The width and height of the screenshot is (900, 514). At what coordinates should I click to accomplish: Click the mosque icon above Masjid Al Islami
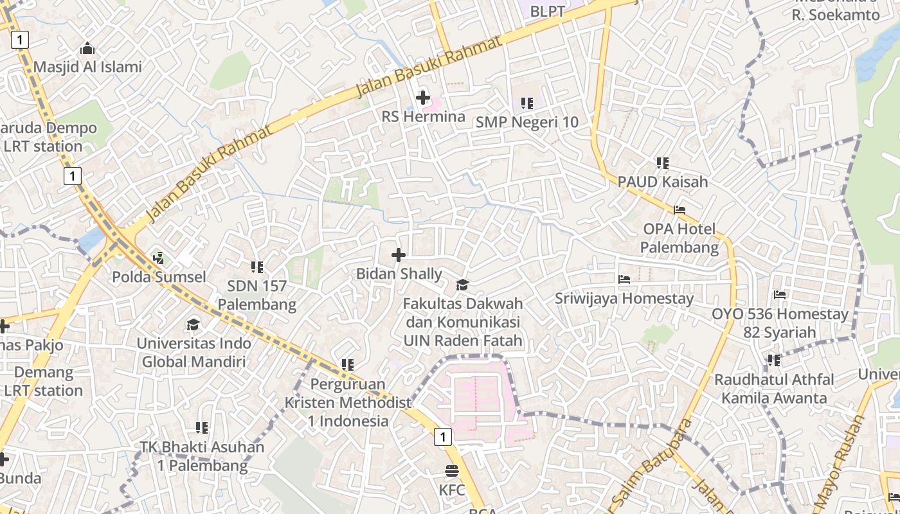[x=87, y=48]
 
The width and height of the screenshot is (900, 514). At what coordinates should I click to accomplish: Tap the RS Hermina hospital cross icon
[x=423, y=98]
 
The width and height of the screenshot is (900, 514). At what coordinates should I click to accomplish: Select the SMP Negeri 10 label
[x=526, y=122]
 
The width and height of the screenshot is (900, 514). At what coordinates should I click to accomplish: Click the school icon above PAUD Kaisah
[x=663, y=163]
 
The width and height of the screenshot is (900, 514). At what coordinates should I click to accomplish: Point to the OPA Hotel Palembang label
[x=679, y=238]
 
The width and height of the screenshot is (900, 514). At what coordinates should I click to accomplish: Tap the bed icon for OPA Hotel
[x=679, y=209]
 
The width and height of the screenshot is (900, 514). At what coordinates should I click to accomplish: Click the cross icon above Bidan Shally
[x=399, y=255]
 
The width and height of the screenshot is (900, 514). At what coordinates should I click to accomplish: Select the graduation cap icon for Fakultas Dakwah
[x=462, y=285]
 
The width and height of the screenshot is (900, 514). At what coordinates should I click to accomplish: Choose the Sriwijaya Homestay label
[x=624, y=298]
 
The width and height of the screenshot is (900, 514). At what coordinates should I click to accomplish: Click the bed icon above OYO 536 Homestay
[x=780, y=295]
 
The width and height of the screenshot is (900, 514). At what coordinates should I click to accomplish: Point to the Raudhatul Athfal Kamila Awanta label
[x=774, y=389]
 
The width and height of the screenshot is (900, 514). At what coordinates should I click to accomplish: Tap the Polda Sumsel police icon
[x=159, y=258]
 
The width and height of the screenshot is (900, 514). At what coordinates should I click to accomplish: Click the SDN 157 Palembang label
[x=256, y=295]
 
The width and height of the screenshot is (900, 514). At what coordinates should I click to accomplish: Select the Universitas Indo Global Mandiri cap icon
[x=194, y=324]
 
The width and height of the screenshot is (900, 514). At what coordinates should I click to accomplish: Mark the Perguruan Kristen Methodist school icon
[x=348, y=365]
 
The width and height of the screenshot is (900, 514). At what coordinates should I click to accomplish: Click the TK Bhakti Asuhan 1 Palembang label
[x=202, y=456]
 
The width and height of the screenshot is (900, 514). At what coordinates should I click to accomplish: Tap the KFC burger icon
[x=452, y=471]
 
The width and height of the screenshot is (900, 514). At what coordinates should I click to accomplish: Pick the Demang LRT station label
[x=43, y=381]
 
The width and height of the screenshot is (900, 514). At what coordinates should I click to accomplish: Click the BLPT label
[x=547, y=11]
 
